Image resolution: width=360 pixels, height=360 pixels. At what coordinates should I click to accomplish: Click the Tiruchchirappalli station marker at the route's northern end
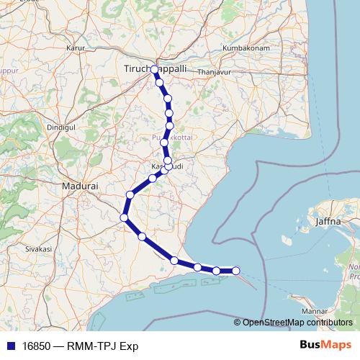[154, 69]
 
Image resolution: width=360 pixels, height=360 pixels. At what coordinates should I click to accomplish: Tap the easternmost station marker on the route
[235, 271]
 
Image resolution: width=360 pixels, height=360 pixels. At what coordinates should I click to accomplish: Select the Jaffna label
[328, 222]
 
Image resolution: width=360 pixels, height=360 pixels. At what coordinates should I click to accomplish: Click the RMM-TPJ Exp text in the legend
[103, 346]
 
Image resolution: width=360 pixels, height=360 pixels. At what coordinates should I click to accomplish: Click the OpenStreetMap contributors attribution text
[297, 323]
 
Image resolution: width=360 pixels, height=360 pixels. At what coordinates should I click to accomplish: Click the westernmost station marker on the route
[124, 217]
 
